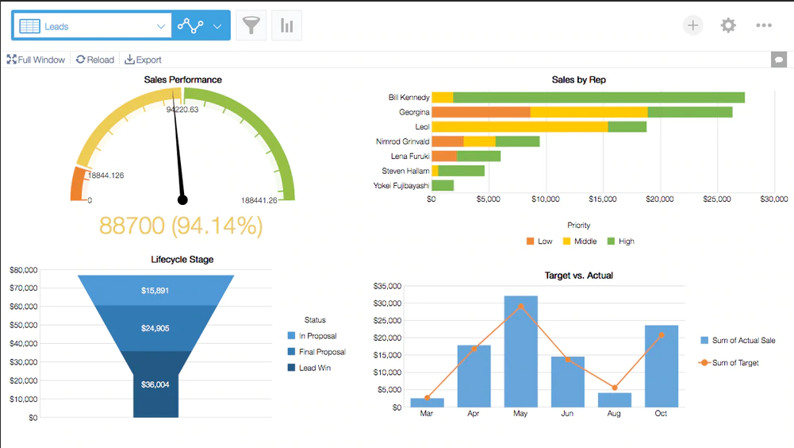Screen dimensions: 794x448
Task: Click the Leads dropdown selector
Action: [x=92, y=26]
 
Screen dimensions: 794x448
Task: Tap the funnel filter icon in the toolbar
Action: [x=251, y=25]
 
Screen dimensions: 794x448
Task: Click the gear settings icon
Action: [x=728, y=25]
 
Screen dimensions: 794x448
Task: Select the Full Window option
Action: [x=36, y=60]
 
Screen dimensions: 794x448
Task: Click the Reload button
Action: [x=95, y=60]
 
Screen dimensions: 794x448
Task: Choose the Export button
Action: [x=144, y=60]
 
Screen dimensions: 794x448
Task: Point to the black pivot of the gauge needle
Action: [x=182, y=200]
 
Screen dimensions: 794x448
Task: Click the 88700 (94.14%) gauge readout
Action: [x=182, y=226]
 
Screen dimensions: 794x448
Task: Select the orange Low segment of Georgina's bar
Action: [x=481, y=112]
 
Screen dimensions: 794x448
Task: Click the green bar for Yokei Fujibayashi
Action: [x=443, y=186]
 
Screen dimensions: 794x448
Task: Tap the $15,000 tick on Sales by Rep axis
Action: [x=603, y=199]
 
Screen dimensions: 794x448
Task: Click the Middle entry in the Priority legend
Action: [x=580, y=241]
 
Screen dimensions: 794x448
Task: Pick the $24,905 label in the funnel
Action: [x=155, y=328]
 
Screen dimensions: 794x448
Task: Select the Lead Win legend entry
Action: [x=309, y=368]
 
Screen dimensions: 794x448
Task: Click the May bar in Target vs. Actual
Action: [x=520, y=351]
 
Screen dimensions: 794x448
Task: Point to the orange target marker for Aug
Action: [x=614, y=388]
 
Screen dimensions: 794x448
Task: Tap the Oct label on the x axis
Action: [x=661, y=414]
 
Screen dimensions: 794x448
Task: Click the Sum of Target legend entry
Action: [x=729, y=363]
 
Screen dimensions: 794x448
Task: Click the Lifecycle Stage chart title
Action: [x=182, y=260]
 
